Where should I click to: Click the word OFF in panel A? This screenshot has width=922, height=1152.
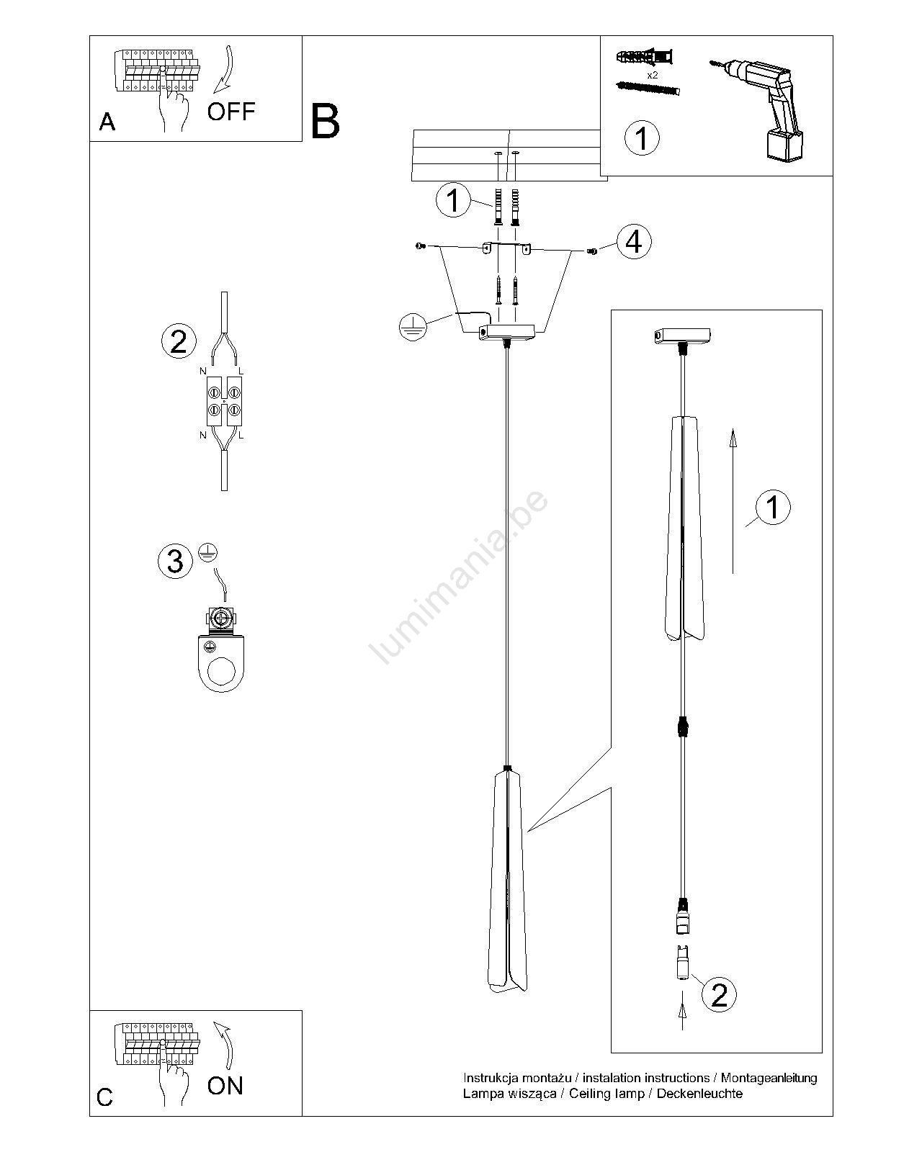230,111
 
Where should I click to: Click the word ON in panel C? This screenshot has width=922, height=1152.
225,1086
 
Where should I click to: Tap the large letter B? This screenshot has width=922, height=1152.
325,121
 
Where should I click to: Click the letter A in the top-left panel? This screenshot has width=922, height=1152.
107,122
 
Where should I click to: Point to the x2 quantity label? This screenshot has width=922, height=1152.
652,75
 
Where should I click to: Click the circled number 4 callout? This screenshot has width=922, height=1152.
634,242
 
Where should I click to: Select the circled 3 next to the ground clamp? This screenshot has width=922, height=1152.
175,561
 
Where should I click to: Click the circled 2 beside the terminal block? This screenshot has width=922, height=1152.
179,341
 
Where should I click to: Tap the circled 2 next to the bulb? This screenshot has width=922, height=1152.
719,995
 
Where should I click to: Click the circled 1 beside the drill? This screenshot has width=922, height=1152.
641,137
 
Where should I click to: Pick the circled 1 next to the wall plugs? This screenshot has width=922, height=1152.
452,200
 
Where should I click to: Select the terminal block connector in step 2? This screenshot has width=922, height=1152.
223,401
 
